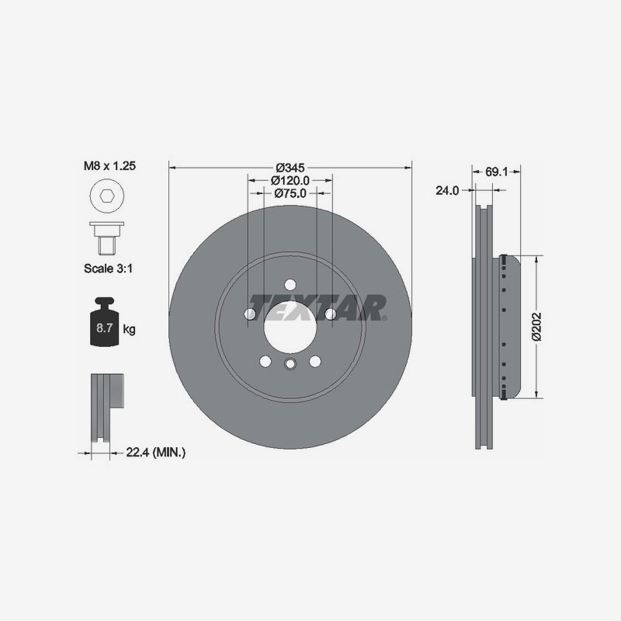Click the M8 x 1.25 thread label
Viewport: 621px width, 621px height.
109,166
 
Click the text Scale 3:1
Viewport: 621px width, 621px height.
109,270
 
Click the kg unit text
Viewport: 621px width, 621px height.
129,330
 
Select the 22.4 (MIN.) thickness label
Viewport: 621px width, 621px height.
155,451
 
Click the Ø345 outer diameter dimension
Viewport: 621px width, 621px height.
290,166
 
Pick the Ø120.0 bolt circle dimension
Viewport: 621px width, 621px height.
290,180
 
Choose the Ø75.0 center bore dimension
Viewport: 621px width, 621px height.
290,194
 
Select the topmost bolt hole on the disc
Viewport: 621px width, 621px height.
290,284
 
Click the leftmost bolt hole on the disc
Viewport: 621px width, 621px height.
249,313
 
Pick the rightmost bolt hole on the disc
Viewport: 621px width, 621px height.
330,313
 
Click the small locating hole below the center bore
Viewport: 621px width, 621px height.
290,366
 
